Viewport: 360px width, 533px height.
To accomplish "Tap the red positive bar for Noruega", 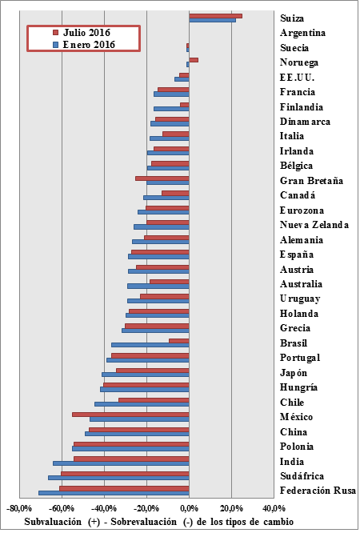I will pos(194,60).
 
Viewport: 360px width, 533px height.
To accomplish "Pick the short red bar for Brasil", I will pos(178,341).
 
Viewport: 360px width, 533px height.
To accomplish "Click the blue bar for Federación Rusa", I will pos(114,492).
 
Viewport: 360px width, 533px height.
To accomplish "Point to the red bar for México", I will pos(130,415).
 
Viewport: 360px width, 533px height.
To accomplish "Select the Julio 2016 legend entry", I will pos(84,33).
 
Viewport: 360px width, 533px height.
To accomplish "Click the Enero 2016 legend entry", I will pos(84,45).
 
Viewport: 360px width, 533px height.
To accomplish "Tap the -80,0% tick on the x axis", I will pos(19,508).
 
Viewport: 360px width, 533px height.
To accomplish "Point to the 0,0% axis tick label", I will pos(189,508).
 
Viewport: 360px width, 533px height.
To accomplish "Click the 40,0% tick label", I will pos(274,508).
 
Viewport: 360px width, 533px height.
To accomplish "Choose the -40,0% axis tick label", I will pos(104,508).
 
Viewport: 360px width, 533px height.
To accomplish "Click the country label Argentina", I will pos(302,33).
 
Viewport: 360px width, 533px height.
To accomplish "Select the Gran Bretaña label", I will pos(311,181).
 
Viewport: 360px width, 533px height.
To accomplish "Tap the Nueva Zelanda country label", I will pos(314,225).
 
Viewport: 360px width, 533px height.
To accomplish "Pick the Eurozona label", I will pos(302,210).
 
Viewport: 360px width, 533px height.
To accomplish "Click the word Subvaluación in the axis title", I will pos(52,520).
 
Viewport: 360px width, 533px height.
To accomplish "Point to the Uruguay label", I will pos(300,299).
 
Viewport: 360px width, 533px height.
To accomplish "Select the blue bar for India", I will pos(121,463).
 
